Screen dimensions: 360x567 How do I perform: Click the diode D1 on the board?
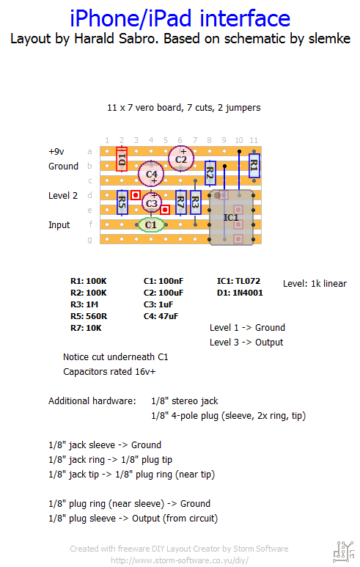coord(122,158)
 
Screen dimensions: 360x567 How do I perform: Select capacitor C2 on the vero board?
coord(181,158)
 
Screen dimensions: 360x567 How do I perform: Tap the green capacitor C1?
coord(151,224)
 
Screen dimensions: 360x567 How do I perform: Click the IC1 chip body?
coord(232,217)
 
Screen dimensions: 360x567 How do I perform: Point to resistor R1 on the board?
coord(254,165)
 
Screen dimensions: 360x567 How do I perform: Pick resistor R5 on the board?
coord(122,202)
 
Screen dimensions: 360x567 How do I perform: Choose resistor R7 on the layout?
coord(180,202)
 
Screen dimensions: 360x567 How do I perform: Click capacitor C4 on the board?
coord(151,174)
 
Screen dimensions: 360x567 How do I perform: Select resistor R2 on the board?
coord(210,173)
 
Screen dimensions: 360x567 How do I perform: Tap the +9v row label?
coord(56,152)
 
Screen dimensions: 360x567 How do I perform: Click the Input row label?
coord(59,225)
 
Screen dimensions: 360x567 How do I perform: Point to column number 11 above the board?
coord(254,140)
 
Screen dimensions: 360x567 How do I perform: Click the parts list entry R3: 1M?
coord(84,304)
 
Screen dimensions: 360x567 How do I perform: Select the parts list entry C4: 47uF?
coord(161,316)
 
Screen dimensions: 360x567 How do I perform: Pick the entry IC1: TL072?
coord(238,281)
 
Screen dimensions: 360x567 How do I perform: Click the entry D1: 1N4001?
coord(240,293)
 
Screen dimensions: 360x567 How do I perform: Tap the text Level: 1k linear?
coord(315,283)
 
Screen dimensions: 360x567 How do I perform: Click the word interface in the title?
coord(245,18)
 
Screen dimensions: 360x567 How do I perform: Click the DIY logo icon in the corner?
coord(343,552)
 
